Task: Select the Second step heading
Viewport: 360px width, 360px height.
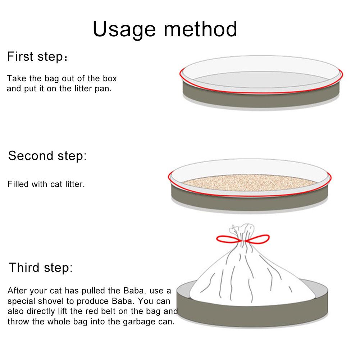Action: (47, 156)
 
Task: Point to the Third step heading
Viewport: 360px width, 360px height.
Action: (41, 268)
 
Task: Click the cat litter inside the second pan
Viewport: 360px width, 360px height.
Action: (248, 183)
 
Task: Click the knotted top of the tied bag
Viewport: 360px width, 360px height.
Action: (243, 228)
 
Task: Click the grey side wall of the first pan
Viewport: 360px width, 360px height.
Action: (261, 101)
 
